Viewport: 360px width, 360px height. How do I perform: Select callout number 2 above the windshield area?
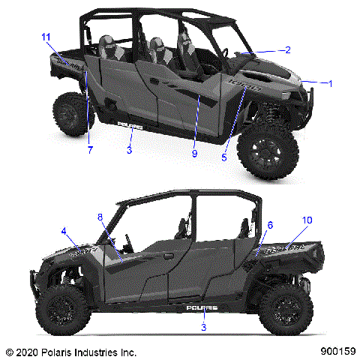point(288,50)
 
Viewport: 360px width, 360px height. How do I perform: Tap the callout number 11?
point(46,37)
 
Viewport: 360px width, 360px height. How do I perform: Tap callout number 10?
point(307,220)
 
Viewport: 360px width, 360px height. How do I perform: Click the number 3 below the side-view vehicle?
point(204,327)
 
